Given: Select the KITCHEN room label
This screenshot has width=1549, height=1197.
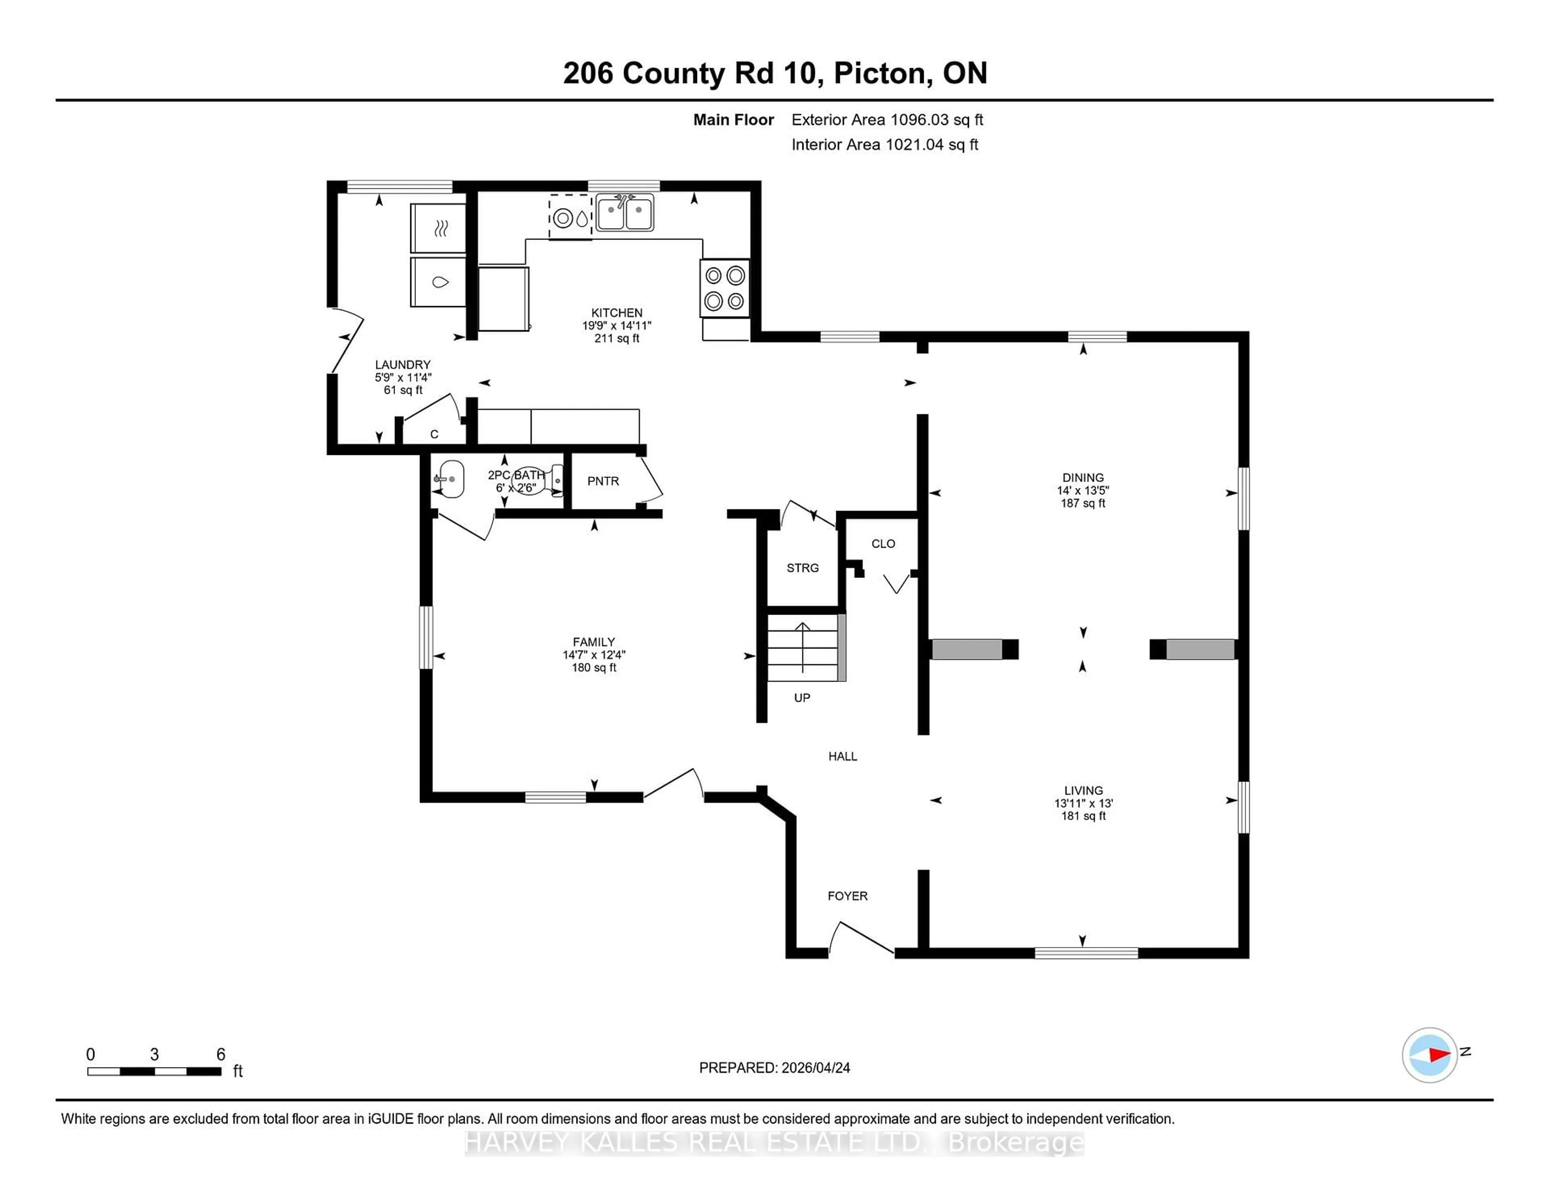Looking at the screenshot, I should (616, 313).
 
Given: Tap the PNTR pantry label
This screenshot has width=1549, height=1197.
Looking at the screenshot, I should (603, 481).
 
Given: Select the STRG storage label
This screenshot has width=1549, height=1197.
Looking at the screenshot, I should (802, 568).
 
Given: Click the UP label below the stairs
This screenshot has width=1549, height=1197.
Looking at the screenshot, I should (802, 698).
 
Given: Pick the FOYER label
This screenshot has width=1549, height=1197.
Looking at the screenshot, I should (847, 896).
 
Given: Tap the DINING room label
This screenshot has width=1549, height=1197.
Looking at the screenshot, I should (1082, 477).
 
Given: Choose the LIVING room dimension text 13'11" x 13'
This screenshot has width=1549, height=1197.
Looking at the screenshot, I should (1083, 803).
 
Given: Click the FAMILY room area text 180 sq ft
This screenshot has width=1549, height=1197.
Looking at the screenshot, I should (594, 667).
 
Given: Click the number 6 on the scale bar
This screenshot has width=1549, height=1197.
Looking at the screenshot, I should (221, 1055).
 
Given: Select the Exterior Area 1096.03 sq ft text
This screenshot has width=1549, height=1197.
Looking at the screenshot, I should (887, 120).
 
